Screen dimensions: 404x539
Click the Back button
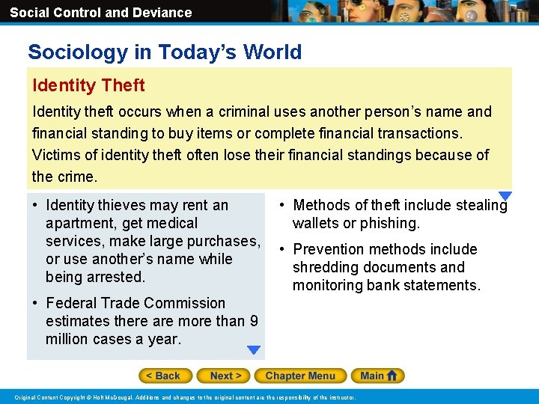[165, 376]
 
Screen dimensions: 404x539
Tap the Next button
[223, 376]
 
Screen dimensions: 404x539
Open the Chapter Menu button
[300, 376]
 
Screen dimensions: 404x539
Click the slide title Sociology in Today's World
[165, 52]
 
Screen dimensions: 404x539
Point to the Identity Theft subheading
[88, 85]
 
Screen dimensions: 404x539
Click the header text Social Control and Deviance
[100, 13]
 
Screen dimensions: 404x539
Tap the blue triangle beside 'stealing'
[505, 196]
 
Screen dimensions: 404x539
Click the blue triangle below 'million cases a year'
[254, 349]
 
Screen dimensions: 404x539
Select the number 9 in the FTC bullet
[254, 321]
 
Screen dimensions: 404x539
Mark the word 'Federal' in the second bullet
[72, 303]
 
